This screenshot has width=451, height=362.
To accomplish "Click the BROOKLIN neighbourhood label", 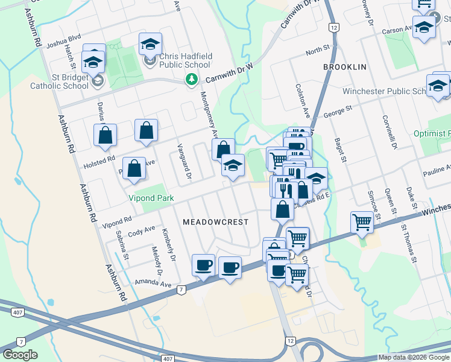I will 345,67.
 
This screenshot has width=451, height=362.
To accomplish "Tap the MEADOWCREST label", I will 215,222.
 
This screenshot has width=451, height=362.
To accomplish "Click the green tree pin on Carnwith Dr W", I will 191,79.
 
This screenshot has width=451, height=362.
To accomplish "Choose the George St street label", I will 338,111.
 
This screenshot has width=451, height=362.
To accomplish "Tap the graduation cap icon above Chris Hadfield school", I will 150,43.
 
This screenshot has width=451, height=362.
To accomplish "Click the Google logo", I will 20,355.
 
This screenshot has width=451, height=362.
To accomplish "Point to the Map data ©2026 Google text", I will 414,357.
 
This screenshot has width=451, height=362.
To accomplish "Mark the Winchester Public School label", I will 384,92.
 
